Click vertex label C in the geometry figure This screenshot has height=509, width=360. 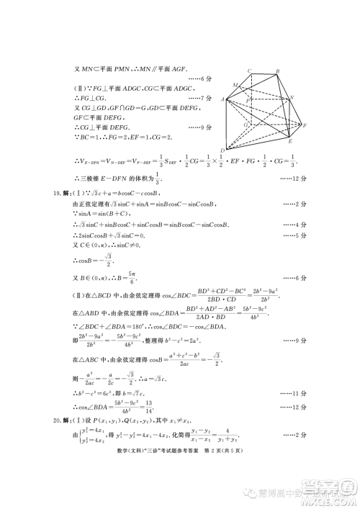(x=249, y=71)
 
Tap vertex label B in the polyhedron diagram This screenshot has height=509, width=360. (x=277, y=71)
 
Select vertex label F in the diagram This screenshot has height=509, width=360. (x=305, y=125)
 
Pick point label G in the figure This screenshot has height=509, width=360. (x=246, y=124)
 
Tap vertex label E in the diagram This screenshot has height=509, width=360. (x=289, y=142)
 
